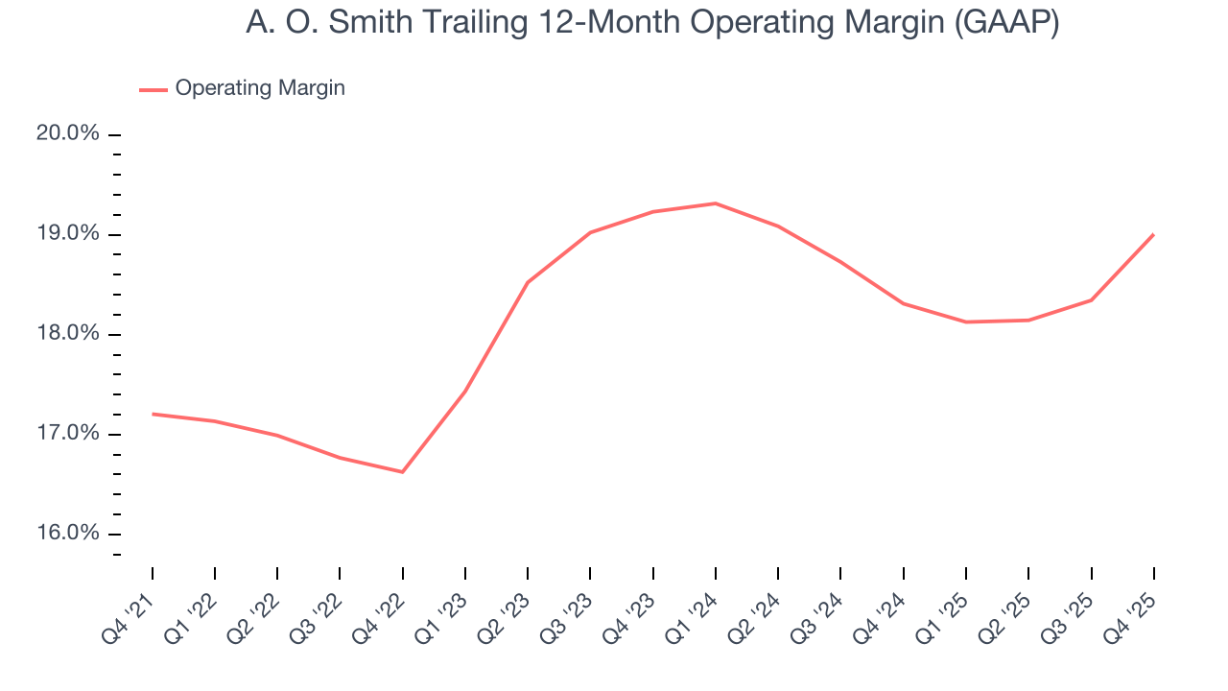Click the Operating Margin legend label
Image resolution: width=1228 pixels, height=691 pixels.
coord(260,88)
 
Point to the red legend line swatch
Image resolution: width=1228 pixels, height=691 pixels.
coord(153,89)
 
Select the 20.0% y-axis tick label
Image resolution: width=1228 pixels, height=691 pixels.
coord(68,133)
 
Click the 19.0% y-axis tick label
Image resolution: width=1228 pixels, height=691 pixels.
coord(68,234)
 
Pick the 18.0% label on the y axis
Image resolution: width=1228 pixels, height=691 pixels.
coord(68,334)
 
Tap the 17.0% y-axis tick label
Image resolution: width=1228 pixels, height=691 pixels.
coord(68,434)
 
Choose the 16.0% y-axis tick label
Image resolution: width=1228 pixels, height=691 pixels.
coord(68,534)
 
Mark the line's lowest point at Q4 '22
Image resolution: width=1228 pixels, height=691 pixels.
coord(402,472)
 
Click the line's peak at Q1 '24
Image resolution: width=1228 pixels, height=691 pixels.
coord(716,203)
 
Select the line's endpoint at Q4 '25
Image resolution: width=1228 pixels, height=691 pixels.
coord(1153,234)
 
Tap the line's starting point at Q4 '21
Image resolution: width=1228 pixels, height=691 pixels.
coord(153,414)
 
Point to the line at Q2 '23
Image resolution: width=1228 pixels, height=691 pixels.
coord(528,282)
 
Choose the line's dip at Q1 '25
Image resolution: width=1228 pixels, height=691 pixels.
coord(966,322)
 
